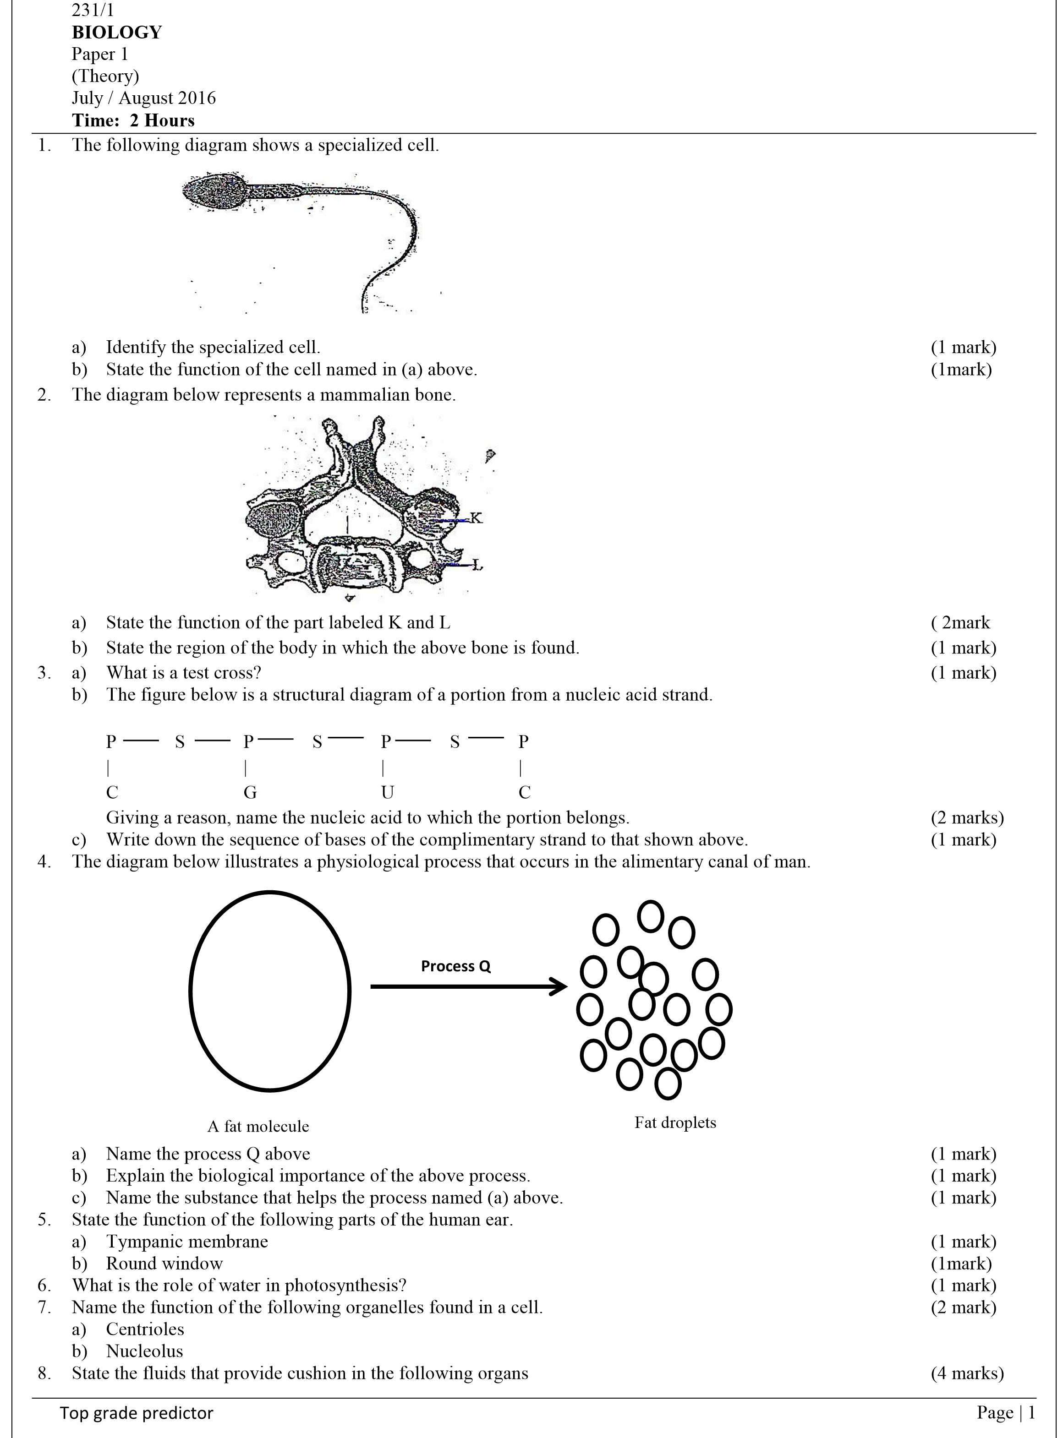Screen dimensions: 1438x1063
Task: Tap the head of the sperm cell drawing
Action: click(214, 191)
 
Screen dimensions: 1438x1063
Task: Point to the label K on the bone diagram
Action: click(476, 517)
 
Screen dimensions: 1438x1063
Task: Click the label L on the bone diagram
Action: click(476, 565)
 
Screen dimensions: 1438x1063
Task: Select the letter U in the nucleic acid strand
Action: click(387, 792)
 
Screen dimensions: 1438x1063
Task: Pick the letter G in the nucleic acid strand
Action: click(250, 792)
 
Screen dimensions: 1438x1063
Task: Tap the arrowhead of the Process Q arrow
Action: click(559, 986)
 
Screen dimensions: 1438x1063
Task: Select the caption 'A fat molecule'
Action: click(258, 1126)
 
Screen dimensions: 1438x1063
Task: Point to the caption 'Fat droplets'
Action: click(675, 1122)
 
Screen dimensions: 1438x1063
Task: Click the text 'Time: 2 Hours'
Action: click(133, 120)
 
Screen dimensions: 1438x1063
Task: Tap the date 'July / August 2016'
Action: click(143, 98)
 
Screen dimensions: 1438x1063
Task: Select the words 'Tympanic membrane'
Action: click(186, 1241)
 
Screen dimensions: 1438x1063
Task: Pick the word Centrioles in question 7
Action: click(145, 1329)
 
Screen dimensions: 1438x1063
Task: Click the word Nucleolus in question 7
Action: click(144, 1351)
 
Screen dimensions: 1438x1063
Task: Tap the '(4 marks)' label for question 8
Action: click(966, 1373)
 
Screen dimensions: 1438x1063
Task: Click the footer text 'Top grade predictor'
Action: click(137, 1413)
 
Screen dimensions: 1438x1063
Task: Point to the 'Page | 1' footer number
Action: click(1006, 1412)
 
